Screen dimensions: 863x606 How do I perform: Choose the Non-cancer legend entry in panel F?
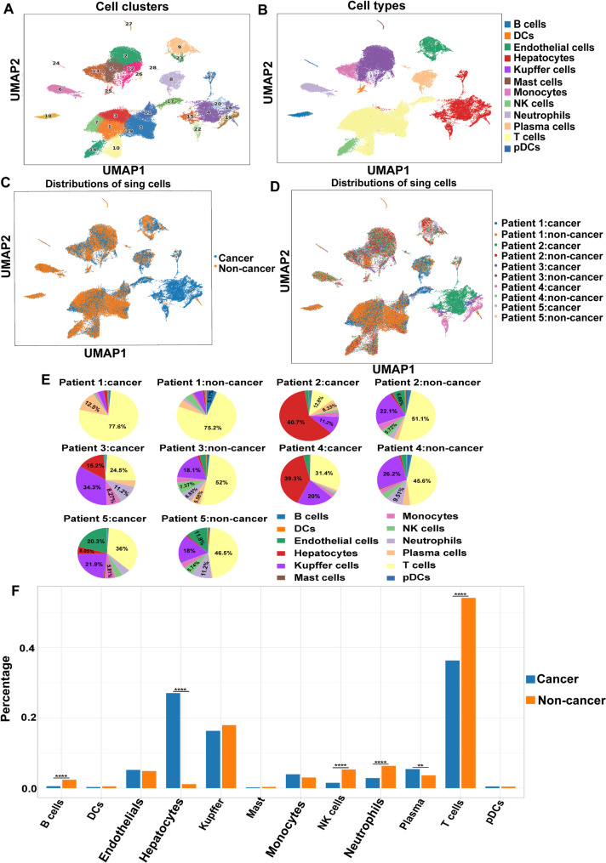[x=569, y=701]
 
